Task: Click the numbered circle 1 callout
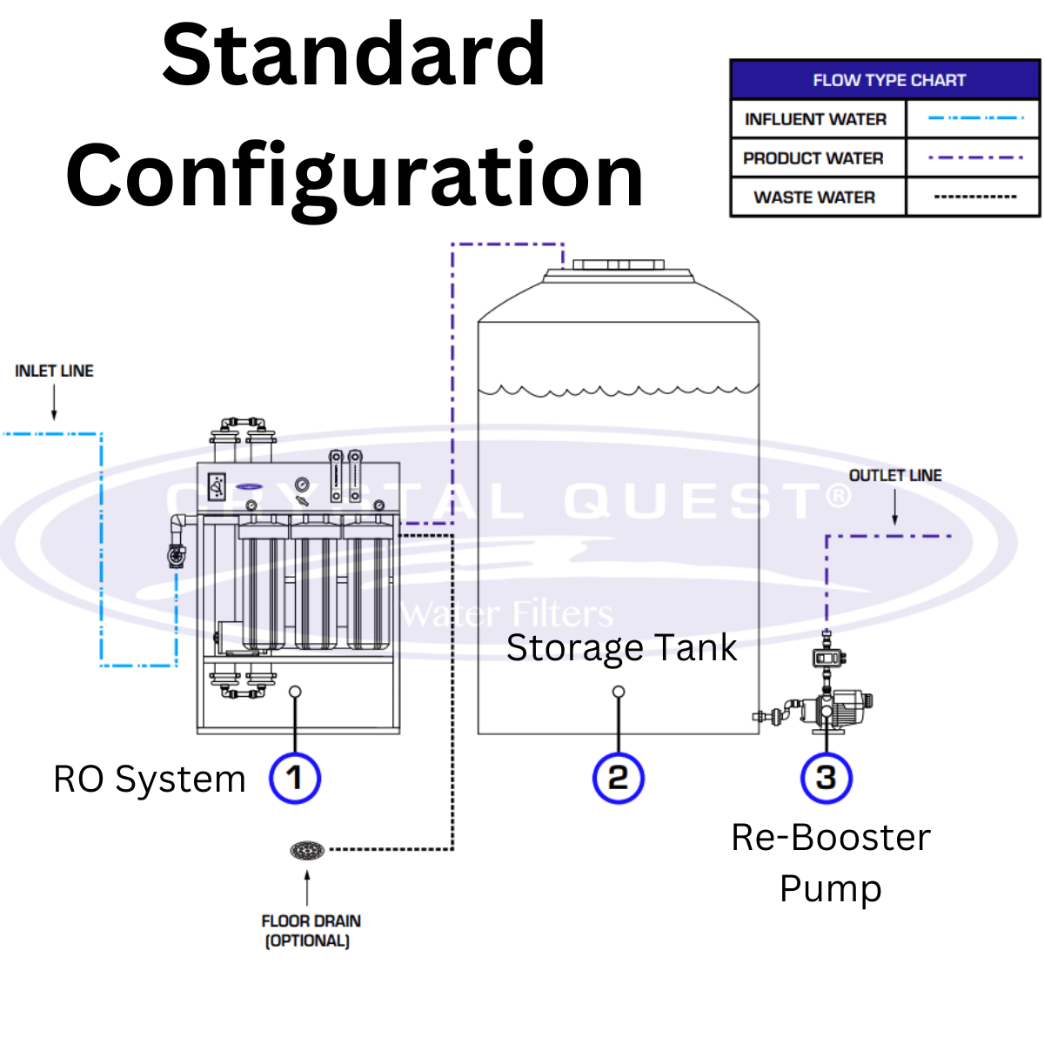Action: click(295, 778)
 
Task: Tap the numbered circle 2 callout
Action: click(618, 778)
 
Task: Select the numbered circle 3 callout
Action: click(826, 778)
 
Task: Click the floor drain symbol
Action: click(307, 850)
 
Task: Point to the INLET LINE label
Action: click(54, 371)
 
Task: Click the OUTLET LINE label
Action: click(895, 475)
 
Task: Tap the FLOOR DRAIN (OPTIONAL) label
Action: click(310, 930)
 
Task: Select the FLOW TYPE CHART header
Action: click(888, 80)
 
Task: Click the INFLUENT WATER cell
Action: click(816, 119)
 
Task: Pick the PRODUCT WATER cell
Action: click(813, 158)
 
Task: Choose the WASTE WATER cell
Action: click(814, 197)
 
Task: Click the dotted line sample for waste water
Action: click(975, 197)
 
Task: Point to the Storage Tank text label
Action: click(621, 648)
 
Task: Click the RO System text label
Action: click(150, 780)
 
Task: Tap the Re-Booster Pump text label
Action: click(831, 862)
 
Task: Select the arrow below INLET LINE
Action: click(54, 402)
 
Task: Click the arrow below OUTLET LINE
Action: click(894, 507)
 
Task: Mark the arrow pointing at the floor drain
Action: click(307, 887)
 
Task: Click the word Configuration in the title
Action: click(355, 176)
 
